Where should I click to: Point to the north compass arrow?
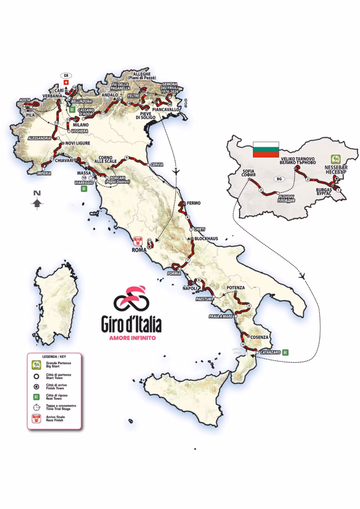(36, 202)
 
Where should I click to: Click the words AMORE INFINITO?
(133, 338)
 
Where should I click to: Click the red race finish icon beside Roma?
(139, 241)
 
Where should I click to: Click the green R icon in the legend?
(36, 396)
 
